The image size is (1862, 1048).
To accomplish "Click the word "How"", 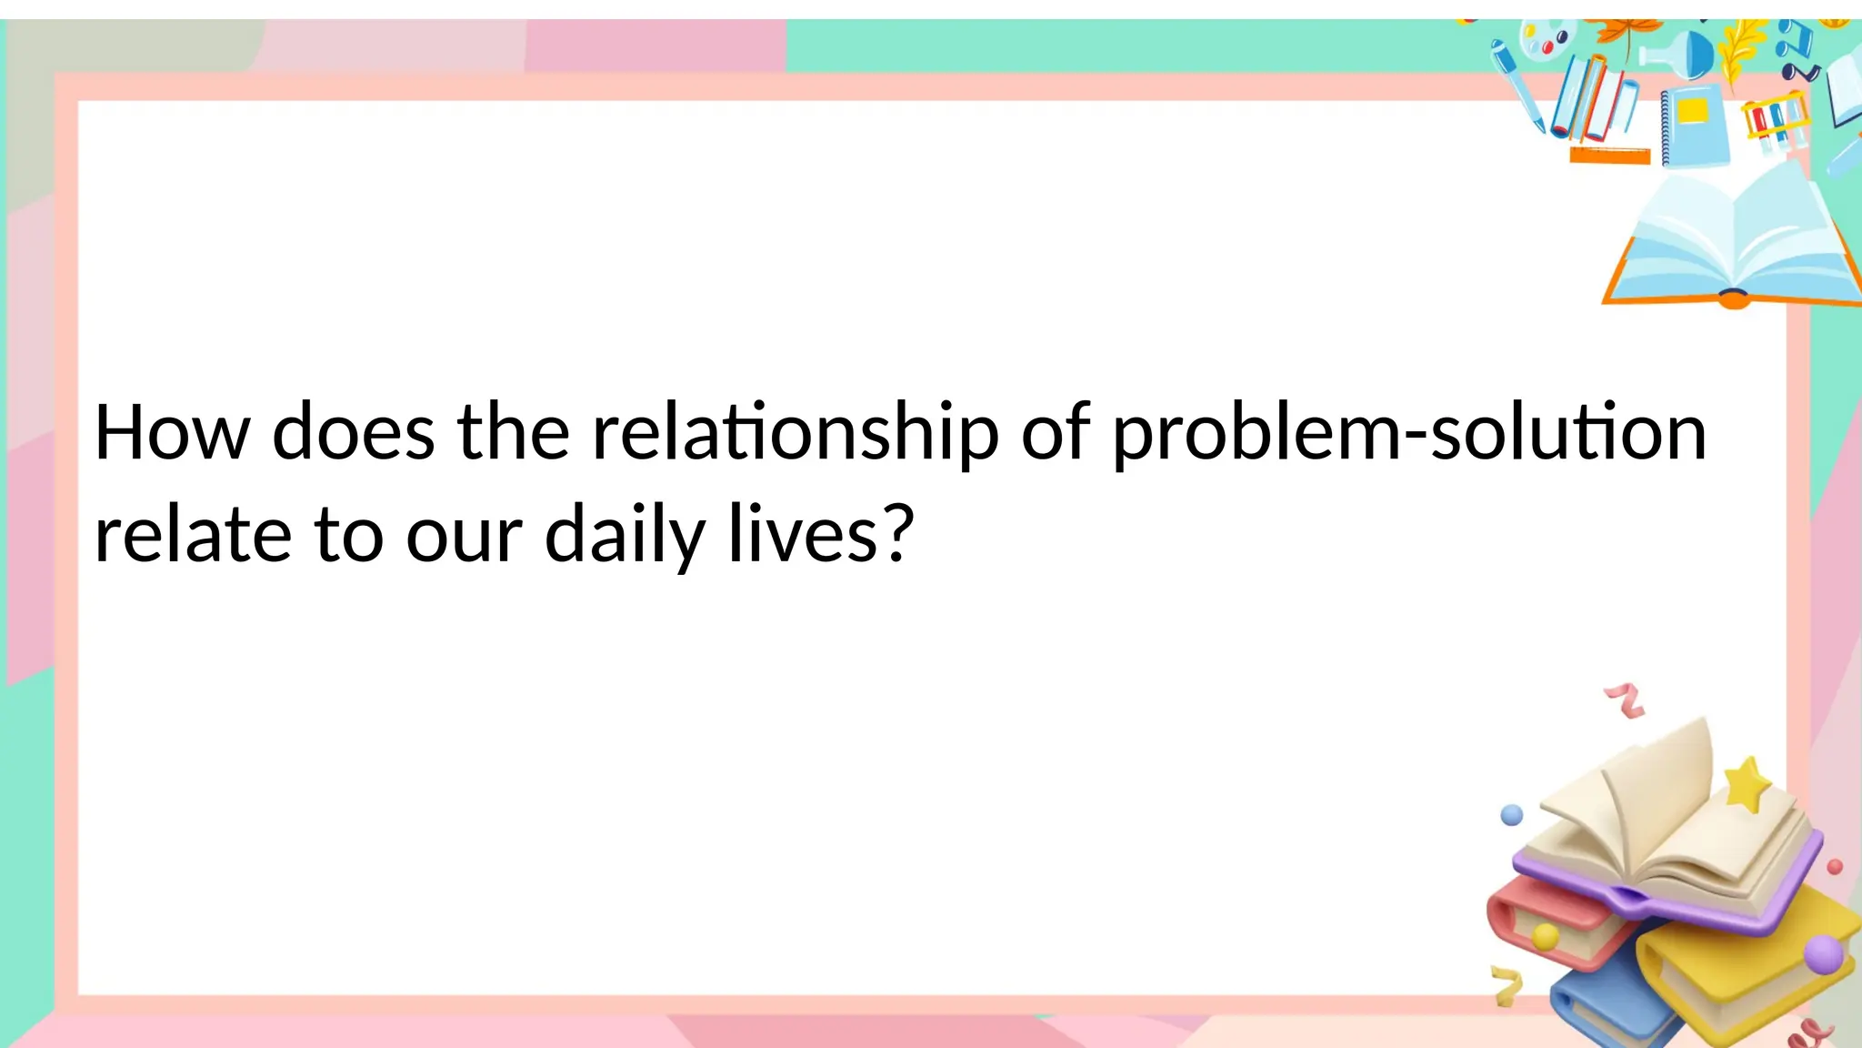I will click(x=172, y=433).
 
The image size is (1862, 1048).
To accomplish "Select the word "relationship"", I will click(x=796, y=433).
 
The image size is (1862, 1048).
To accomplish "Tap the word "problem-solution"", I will click(x=1409, y=433).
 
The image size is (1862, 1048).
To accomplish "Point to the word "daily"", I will click(x=625, y=536).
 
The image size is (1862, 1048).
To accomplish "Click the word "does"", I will click(x=353, y=433).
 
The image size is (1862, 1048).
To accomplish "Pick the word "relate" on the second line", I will click(x=193, y=536).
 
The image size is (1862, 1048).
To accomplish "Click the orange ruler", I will click(x=1609, y=156).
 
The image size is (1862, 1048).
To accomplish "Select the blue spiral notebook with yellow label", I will click(x=1697, y=126).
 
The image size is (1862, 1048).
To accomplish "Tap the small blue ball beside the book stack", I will click(x=1511, y=814).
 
